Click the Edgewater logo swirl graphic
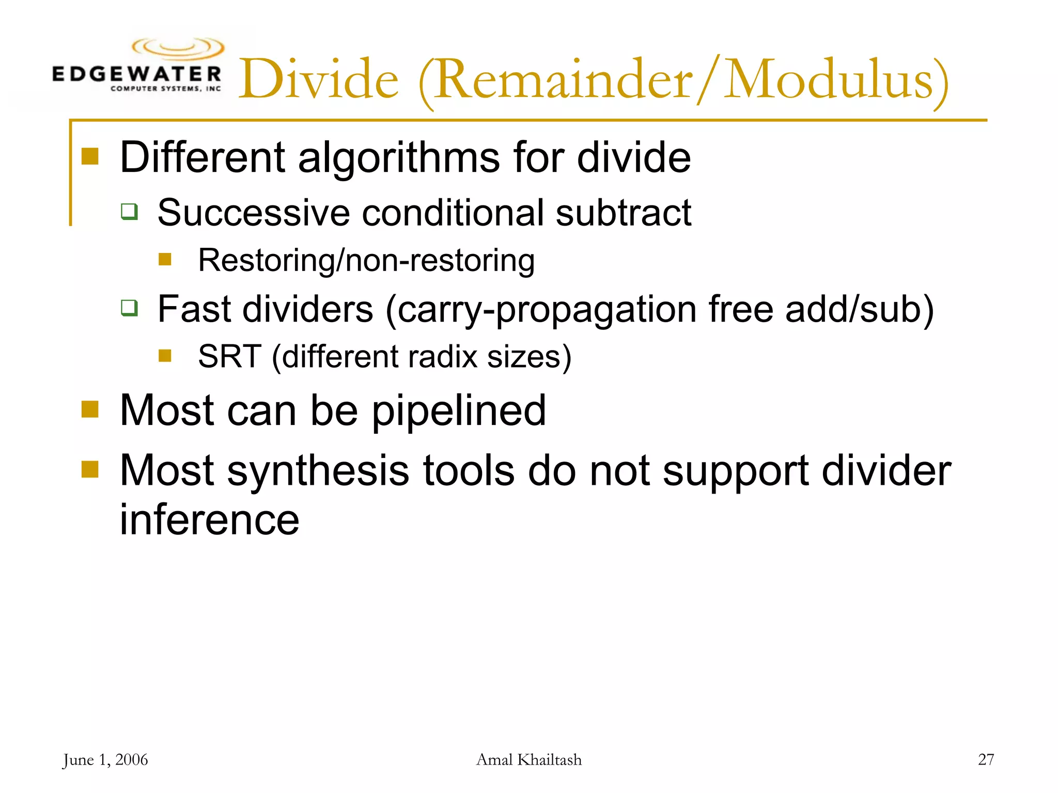tap(178, 48)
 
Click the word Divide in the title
tap(319, 80)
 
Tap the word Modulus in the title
tap(829, 80)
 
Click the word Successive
tap(254, 213)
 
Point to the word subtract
tap(623, 213)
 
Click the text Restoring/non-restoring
tap(366, 260)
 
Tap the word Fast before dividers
tap(194, 309)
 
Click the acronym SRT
tap(229, 357)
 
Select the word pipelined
tap(459, 411)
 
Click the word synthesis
tap(318, 471)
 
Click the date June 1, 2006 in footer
tap(105, 760)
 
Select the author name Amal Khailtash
tap(528, 760)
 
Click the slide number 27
tap(986, 759)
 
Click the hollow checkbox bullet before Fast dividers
tap(129, 308)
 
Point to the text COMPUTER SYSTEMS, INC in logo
tap(165, 89)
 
